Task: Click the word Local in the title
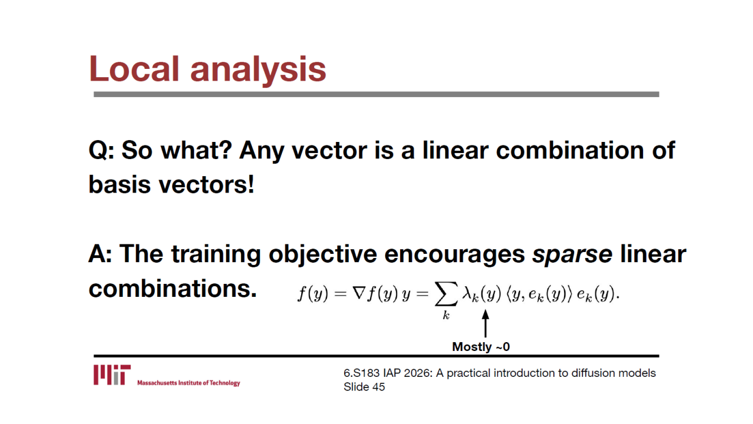pyautogui.click(x=134, y=69)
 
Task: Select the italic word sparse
pyautogui.click(x=572, y=255)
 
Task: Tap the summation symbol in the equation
pyautogui.click(x=446, y=294)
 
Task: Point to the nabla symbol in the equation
pyautogui.click(x=359, y=293)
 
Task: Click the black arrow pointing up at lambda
pyautogui.click(x=485, y=323)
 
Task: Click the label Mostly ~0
pyautogui.click(x=481, y=347)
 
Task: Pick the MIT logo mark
pyautogui.click(x=112, y=375)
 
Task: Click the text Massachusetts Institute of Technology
pyautogui.click(x=189, y=383)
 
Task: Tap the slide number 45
pyautogui.click(x=378, y=387)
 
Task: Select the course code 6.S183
pyautogui.click(x=361, y=373)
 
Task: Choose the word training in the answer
pyautogui.click(x=216, y=255)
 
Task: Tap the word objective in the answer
pyautogui.click(x=323, y=255)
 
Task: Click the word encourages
pyautogui.click(x=455, y=256)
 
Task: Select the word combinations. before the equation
pyautogui.click(x=172, y=289)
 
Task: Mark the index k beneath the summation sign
pyautogui.click(x=446, y=315)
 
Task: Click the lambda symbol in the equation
pyautogui.click(x=467, y=293)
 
